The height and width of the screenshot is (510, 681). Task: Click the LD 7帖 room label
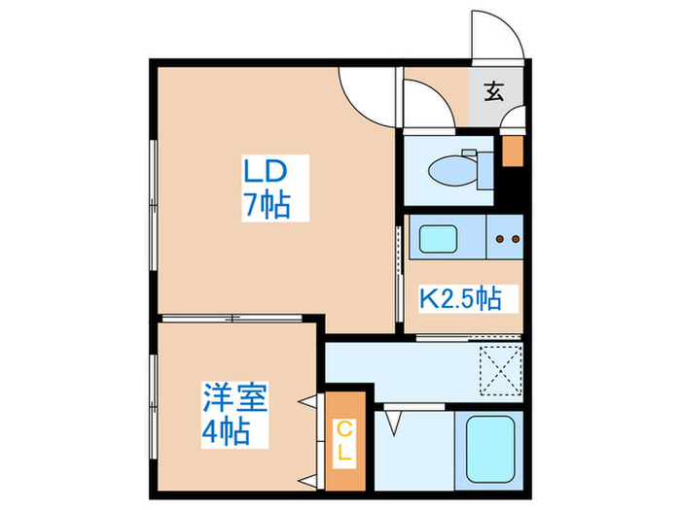265,188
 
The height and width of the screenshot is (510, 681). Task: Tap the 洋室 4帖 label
234,414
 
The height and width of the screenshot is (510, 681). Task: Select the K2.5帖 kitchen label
460,298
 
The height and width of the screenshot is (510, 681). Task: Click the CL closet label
345,441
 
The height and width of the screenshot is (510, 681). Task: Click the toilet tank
483,166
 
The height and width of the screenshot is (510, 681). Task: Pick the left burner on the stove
499,237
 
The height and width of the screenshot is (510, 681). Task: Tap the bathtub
490,447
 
